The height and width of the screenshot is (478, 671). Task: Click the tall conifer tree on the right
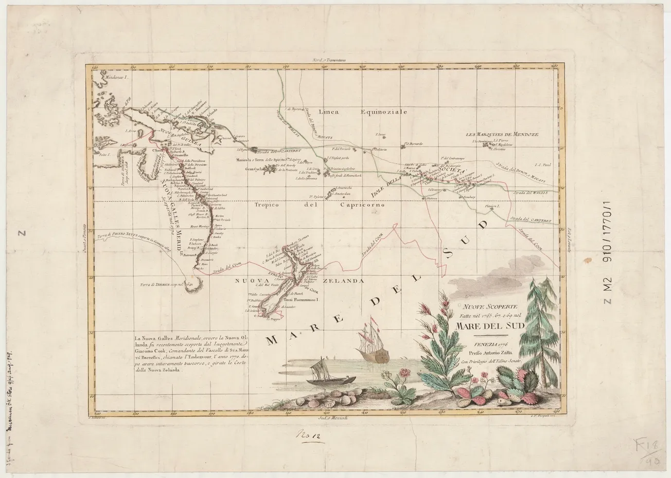tap(535, 329)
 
